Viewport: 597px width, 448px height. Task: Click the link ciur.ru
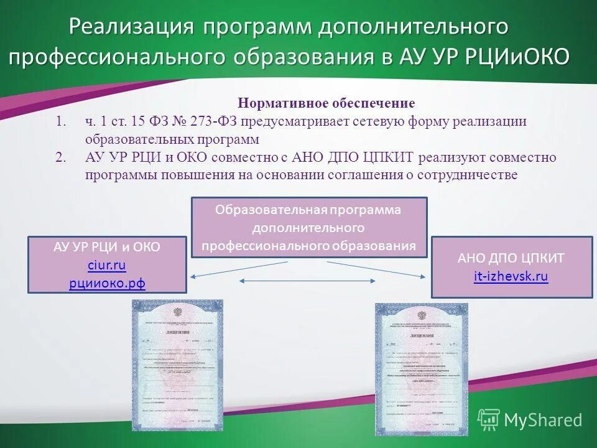(107, 266)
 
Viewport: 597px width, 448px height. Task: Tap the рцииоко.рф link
(107, 284)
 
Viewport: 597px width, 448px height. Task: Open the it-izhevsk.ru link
(511, 277)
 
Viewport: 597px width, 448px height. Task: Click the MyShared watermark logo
(530, 419)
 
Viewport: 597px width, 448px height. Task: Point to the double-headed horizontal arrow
(308, 282)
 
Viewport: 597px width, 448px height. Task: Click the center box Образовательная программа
(309, 227)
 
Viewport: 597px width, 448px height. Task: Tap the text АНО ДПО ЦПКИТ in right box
(511, 258)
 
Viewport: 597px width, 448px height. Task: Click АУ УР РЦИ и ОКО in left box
(107, 247)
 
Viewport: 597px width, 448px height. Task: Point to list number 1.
(60, 121)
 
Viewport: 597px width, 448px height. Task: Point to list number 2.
(60, 157)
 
